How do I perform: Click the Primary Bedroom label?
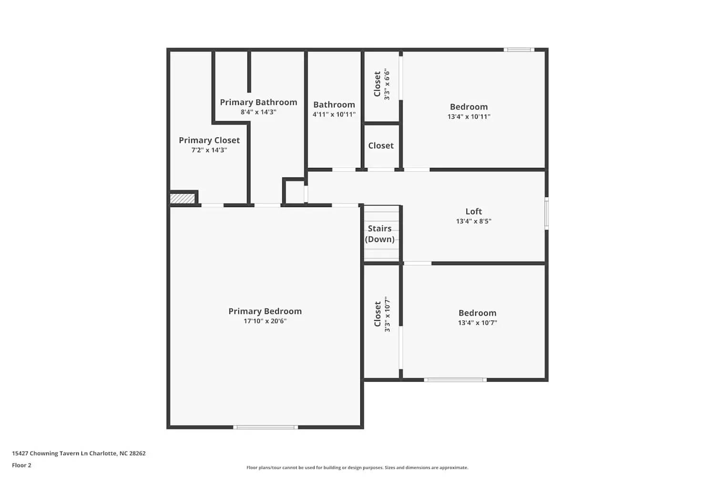tap(265, 311)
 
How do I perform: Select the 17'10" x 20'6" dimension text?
tap(265, 321)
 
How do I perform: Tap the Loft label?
tap(473, 211)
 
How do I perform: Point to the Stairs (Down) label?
tap(380, 234)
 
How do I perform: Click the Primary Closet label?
tap(209, 140)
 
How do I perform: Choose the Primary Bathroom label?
tap(258, 102)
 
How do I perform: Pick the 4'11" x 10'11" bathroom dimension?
tap(334, 114)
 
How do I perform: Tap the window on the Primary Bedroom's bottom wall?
tap(266, 427)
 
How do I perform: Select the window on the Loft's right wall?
tap(547, 213)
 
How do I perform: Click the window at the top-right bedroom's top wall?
tap(519, 50)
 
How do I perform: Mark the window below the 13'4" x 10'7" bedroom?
tap(455, 380)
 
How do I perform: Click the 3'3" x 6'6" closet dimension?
tap(387, 84)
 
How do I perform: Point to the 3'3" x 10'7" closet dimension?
tap(387, 314)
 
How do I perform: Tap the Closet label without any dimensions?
tap(381, 145)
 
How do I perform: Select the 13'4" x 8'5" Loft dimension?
tap(473, 221)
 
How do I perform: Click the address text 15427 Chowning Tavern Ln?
tap(79, 454)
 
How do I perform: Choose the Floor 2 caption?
tap(21, 466)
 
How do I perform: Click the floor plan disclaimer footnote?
tap(357, 468)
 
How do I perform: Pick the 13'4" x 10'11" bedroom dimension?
tap(469, 117)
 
